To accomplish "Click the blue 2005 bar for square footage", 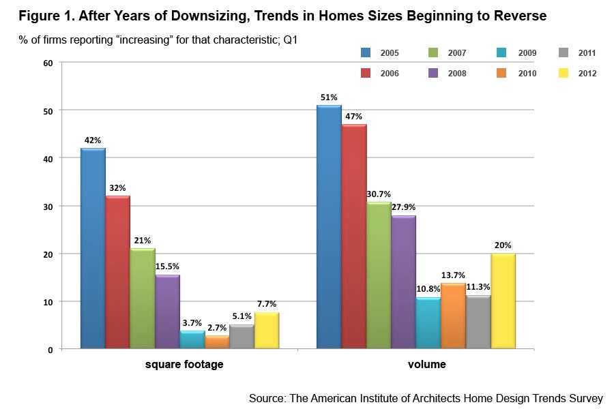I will [x=93, y=249].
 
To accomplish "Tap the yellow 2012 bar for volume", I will [x=503, y=301].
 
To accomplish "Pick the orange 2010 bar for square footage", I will [x=218, y=342].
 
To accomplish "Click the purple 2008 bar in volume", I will [x=404, y=282].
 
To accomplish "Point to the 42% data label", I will [x=93, y=140].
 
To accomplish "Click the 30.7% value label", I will [x=379, y=194].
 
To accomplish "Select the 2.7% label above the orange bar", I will [x=218, y=327].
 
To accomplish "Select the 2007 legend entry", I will [x=456, y=52].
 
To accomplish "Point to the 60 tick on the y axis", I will [x=48, y=63].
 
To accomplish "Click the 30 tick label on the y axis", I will [x=48, y=206].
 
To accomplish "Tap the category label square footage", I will [x=184, y=365].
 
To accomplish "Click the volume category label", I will [x=426, y=365].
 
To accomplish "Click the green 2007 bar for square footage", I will [x=143, y=299].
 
